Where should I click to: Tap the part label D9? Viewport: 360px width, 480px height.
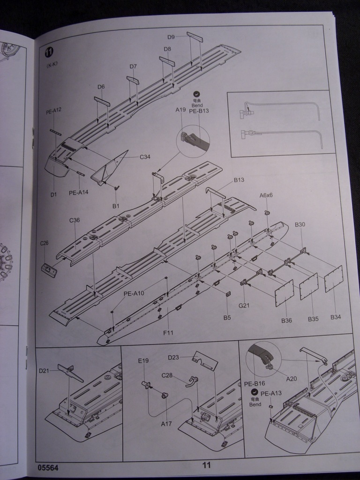point(171,37)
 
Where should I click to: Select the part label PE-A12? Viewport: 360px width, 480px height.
point(53,110)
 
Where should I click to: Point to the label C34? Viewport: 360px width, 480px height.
point(145,157)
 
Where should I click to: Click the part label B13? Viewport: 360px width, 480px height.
point(239,180)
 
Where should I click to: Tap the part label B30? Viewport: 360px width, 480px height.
point(300,225)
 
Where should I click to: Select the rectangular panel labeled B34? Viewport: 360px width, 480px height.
point(333,278)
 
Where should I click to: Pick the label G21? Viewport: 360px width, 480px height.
point(244,306)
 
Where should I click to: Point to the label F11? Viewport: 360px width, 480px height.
point(168,333)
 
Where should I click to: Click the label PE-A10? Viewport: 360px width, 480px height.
point(134,294)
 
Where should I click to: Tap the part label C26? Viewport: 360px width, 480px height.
point(45,243)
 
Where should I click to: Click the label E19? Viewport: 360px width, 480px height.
point(143,360)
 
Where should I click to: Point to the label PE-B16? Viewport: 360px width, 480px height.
point(253,383)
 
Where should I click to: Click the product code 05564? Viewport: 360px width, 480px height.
point(49,467)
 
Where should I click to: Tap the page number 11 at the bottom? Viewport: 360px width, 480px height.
point(207,465)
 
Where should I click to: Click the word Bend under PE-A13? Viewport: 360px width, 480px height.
point(255,404)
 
